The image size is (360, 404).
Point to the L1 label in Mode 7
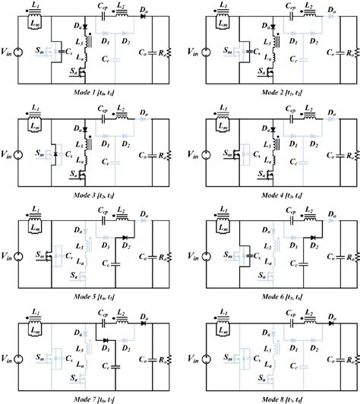37,311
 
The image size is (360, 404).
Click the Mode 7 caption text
87,395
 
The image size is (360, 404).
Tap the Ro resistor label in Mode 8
349,358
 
